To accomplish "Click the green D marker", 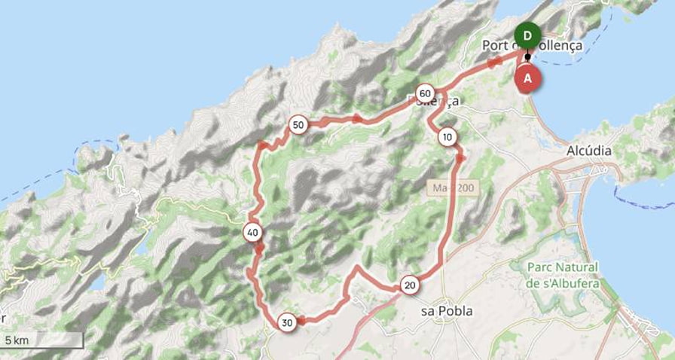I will (x=527, y=35).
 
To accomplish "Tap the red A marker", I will (x=527, y=78).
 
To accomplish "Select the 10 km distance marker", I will (x=447, y=137).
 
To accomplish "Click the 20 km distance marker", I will (x=410, y=285).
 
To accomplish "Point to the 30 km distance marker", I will (x=286, y=322).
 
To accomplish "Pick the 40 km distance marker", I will (x=252, y=233).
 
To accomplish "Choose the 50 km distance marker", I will (x=298, y=124).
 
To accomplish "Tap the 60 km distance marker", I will (x=425, y=93).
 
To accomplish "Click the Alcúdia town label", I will (x=588, y=151).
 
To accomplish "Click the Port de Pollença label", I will (x=532, y=46).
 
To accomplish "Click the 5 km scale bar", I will (x=42, y=341).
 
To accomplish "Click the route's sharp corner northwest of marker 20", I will (x=357, y=267).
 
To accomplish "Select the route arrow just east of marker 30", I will (x=301, y=321).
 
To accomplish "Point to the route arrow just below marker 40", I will (x=258, y=249).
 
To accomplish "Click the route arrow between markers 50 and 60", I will (x=356, y=118).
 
